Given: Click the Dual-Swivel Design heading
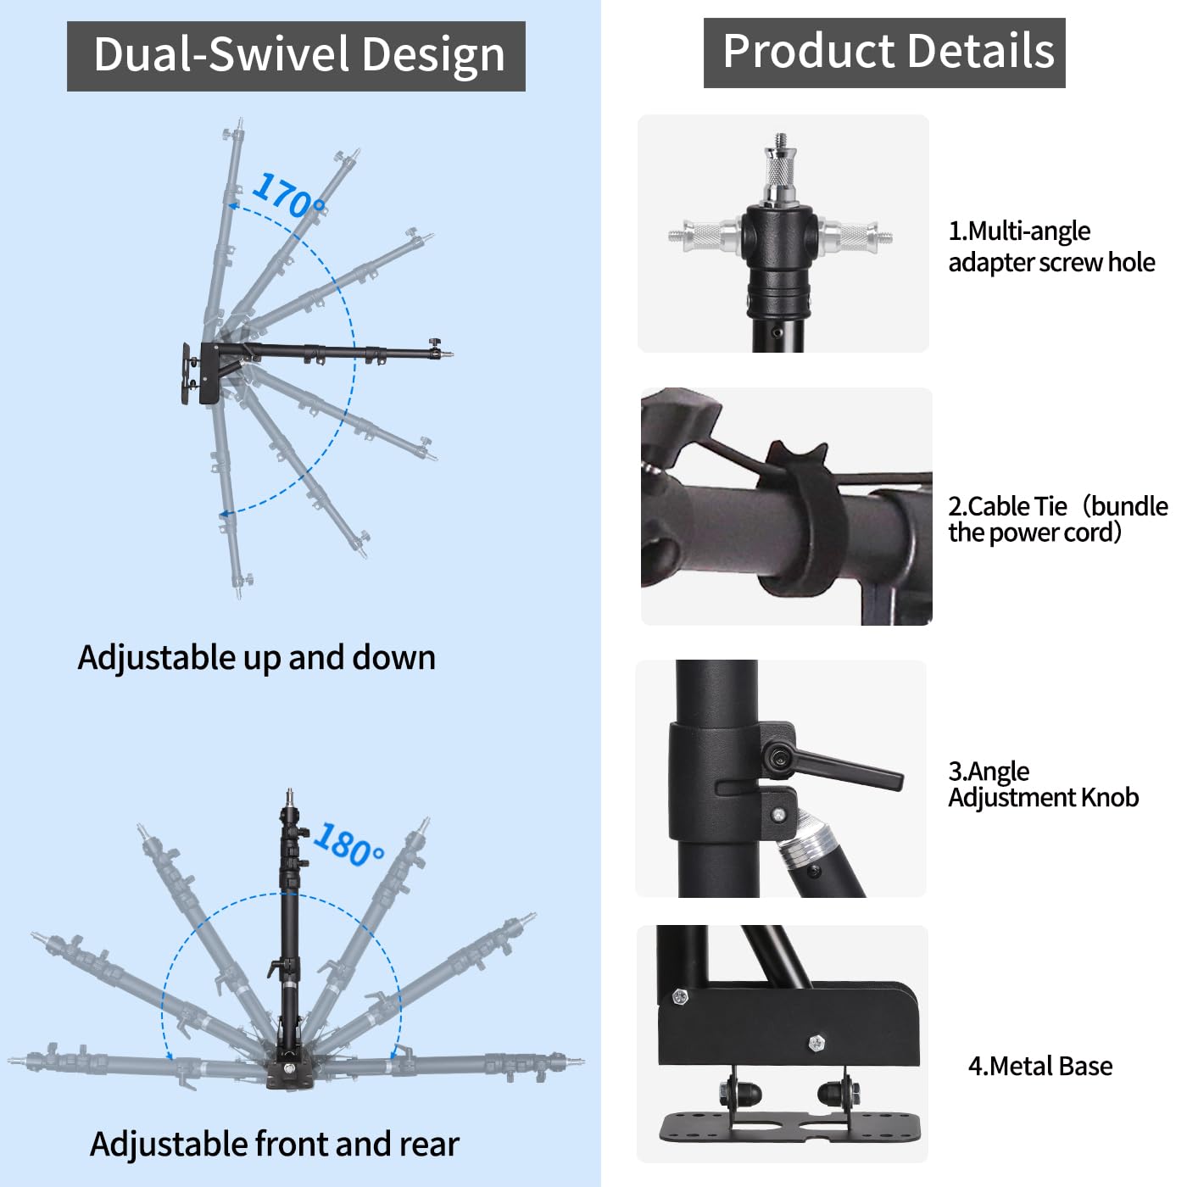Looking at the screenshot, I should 297,56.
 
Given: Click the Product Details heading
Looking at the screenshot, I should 884,52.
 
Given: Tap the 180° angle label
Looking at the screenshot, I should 348,844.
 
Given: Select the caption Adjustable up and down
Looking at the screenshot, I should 256,658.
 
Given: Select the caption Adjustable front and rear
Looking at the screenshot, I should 274,1144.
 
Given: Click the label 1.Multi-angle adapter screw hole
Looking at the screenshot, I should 1050,247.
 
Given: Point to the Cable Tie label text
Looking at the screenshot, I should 1056,519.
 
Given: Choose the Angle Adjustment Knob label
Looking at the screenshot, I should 1042,784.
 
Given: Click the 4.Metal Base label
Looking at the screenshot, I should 1039,1066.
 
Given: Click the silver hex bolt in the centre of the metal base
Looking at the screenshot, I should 816,1042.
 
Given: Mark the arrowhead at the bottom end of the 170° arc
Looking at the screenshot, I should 226,514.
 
